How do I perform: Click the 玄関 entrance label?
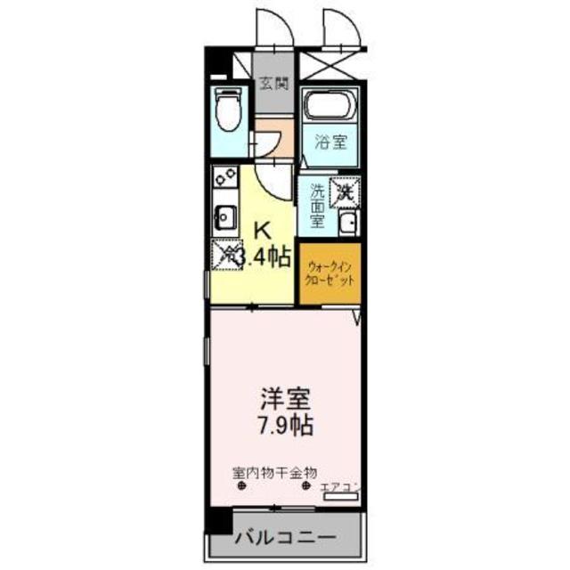tap(274, 85)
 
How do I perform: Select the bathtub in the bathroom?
tap(328, 108)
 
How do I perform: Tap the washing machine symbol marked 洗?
tap(345, 190)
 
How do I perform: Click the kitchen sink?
tap(225, 216)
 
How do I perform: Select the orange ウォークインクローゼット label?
tap(330, 273)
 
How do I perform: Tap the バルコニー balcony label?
tap(286, 538)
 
